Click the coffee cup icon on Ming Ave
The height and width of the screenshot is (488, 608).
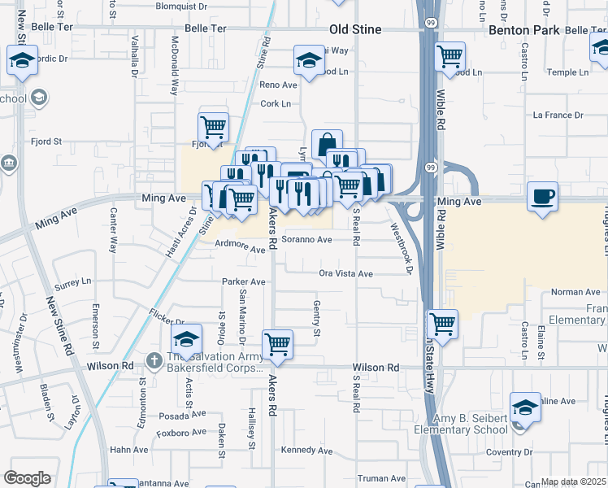point(542,196)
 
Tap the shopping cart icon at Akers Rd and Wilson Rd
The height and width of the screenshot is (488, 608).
point(278,344)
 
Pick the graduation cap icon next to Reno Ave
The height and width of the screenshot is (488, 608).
point(308,60)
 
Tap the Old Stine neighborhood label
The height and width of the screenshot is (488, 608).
point(355,30)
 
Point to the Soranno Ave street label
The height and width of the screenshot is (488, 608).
point(307,240)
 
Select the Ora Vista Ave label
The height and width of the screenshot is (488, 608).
point(345,274)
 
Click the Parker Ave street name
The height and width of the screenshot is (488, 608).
point(244,282)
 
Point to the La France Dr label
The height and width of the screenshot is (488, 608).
point(558,115)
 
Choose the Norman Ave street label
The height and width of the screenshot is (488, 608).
point(575,292)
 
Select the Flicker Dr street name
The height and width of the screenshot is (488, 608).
point(167,317)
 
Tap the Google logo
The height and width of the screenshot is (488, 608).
point(28,478)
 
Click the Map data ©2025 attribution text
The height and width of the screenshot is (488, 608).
point(574,481)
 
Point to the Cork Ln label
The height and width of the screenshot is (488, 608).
point(276,104)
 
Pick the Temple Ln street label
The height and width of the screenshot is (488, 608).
point(567,72)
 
